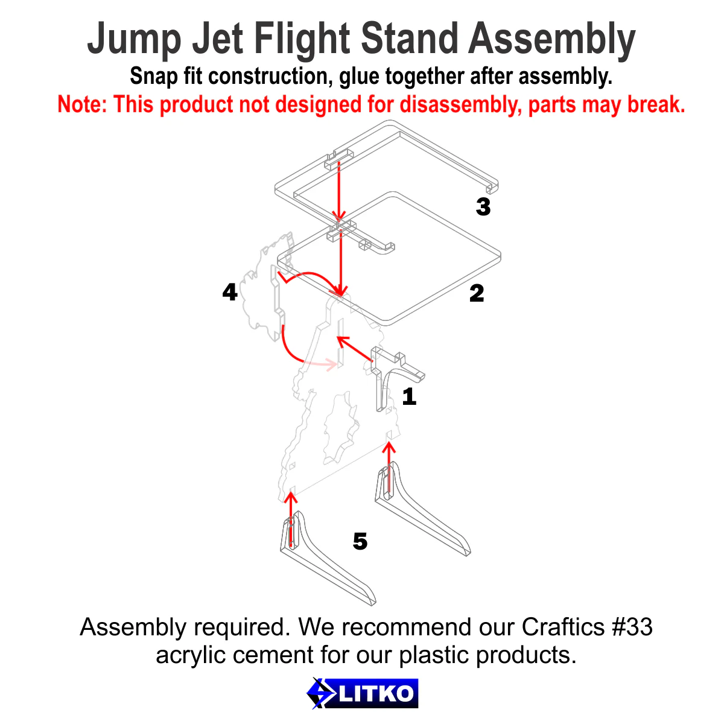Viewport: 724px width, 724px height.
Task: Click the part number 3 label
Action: [483, 207]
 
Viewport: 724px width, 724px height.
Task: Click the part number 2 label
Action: [477, 294]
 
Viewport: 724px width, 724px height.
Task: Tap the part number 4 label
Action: [230, 293]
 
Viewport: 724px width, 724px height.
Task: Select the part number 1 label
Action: [409, 397]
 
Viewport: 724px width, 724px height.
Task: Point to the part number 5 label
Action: [360, 542]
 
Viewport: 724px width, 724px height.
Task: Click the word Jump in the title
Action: [134, 40]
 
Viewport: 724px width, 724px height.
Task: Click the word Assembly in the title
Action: [551, 40]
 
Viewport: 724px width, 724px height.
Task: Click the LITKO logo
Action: [363, 693]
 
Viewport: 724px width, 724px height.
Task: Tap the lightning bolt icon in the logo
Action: [320, 693]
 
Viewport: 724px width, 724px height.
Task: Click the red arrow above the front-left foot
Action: [291, 519]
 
